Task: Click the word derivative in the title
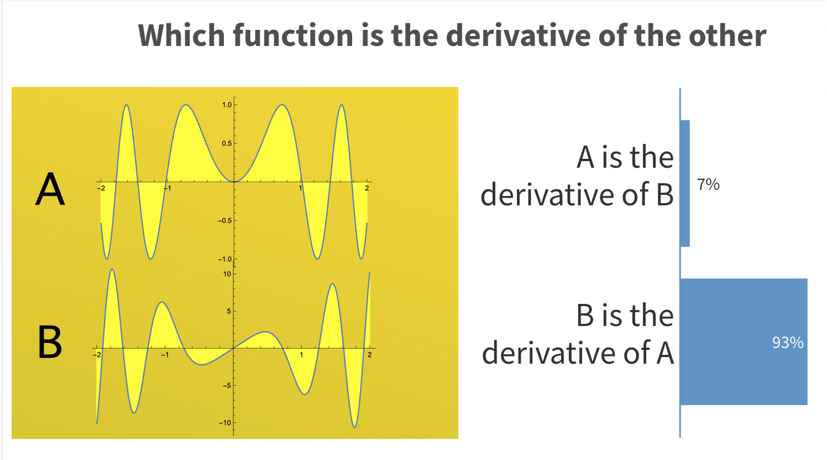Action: [519, 35]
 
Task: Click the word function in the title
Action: [293, 35]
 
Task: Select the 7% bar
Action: [685, 183]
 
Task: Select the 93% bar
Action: [744, 342]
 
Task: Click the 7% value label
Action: [708, 184]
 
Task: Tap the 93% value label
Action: [788, 343]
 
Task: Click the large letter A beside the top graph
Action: [50, 189]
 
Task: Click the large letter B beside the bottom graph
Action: [50, 342]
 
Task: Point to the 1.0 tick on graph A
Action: [227, 105]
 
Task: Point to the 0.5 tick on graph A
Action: [227, 143]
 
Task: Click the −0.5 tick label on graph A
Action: [225, 221]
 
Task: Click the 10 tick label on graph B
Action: [227, 274]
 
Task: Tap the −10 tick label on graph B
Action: [225, 423]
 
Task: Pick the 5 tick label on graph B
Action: [229, 311]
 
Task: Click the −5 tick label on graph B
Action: [227, 386]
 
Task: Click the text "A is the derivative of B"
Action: [577, 175]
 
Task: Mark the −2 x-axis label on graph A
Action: [101, 188]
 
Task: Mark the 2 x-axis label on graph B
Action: [370, 355]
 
